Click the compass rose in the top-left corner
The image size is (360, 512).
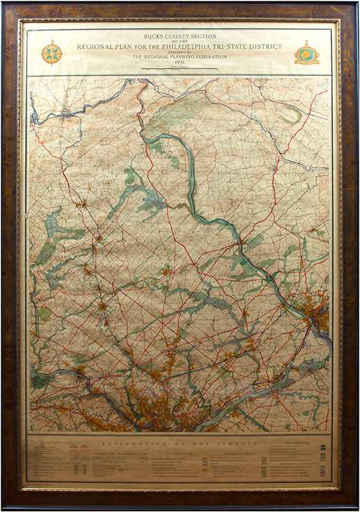tap(51, 52)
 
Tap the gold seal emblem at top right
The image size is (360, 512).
tap(306, 53)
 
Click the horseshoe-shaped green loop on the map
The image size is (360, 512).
tap(291, 115)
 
